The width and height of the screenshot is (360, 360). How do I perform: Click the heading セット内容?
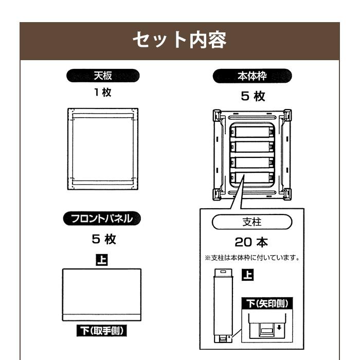coord(179,41)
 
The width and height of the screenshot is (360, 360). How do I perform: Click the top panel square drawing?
coord(103,149)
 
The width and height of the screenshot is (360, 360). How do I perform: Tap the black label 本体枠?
coord(252,76)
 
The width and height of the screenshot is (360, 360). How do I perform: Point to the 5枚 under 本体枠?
coord(252,96)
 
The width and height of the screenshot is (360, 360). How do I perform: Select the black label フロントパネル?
coord(102,219)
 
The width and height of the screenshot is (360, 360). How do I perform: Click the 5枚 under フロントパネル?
coord(102,239)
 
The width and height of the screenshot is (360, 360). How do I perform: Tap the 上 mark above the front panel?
coord(102,258)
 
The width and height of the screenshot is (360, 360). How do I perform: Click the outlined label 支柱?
coord(252,223)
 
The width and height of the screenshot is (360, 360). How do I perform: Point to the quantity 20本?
coord(252,242)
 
